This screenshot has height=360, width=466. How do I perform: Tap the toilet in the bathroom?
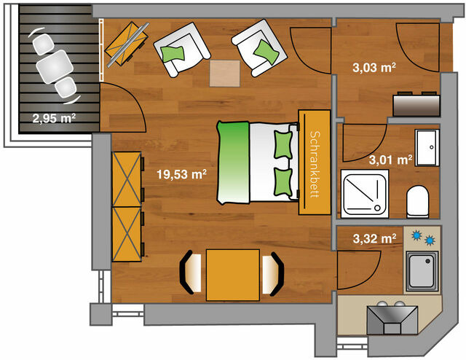point(419,202)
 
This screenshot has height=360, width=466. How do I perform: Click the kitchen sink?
point(422,272)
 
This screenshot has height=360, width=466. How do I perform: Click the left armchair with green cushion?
point(179,50)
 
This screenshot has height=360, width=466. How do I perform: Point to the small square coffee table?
point(224,73)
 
